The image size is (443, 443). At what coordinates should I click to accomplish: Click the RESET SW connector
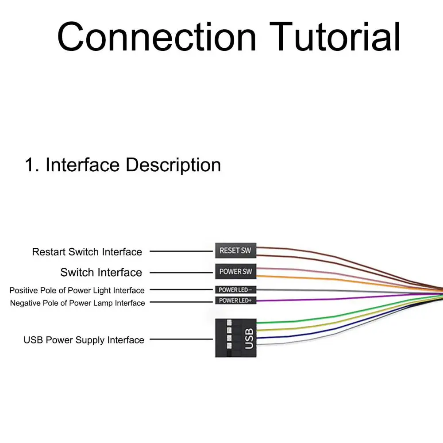pos(235,250)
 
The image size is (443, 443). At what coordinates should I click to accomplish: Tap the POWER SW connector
pos(235,271)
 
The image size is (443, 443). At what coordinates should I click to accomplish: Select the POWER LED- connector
pos(235,289)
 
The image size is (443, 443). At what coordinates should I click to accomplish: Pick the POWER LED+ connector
pos(235,300)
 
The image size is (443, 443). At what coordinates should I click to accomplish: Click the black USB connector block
pos(235,338)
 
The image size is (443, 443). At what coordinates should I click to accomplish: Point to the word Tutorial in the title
pos(335,37)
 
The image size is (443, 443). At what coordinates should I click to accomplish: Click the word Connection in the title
pos(157,37)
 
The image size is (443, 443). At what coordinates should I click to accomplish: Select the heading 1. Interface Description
pos(123,165)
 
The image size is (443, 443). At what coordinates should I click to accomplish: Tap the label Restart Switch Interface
pos(87,252)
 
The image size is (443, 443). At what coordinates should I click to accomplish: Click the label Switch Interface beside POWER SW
pos(101,272)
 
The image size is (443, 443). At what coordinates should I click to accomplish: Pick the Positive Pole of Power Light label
pos(77,290)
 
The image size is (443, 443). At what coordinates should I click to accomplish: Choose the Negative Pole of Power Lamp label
pos(77,303)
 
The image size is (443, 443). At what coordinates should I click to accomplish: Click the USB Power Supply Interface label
pos(84,340)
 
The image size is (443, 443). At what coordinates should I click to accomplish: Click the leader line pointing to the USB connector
pos(181,339)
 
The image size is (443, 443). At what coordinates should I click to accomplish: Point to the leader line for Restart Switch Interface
pos(181,251)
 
